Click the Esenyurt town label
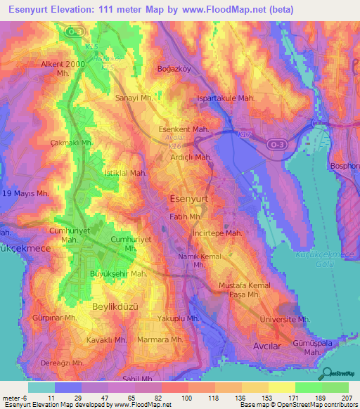point(189,200)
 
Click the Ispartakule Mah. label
point(226,98)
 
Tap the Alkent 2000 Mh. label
point(63,68)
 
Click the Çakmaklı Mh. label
point(72,143)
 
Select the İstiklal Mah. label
point(125,173)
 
